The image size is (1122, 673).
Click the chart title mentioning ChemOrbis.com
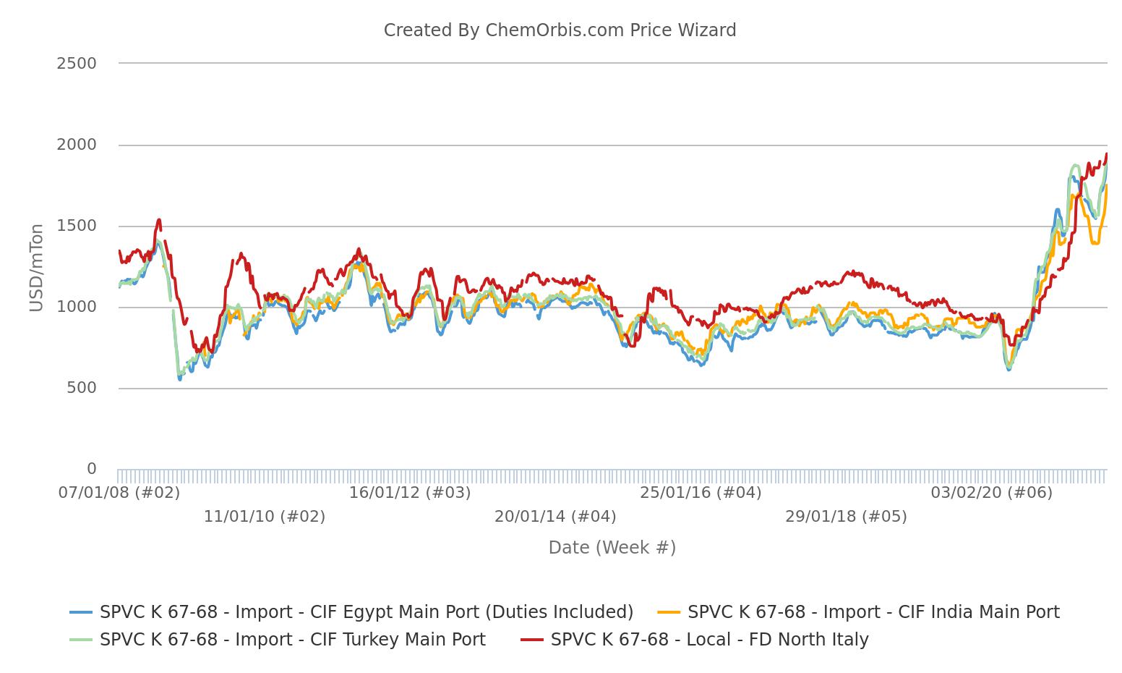[560, 30]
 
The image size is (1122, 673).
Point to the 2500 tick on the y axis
[76, 64]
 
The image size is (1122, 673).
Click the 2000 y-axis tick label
[76, 145]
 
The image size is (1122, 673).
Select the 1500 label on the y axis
[76, 226]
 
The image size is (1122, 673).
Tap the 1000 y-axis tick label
[76, 307]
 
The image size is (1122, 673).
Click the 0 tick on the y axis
[91, 469]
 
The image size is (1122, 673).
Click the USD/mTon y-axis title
[37, 268]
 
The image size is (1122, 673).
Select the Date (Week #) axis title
[612, 548]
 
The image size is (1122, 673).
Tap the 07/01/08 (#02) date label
[119, 493]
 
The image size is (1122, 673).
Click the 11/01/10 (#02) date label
[265, 517]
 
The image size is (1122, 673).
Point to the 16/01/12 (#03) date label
[410, 493]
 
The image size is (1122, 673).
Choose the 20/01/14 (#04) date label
[555, 517]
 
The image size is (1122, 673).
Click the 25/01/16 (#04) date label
[701, 493]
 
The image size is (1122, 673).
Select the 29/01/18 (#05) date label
[846, 517]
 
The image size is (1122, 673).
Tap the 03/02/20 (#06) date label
[991, 493]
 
